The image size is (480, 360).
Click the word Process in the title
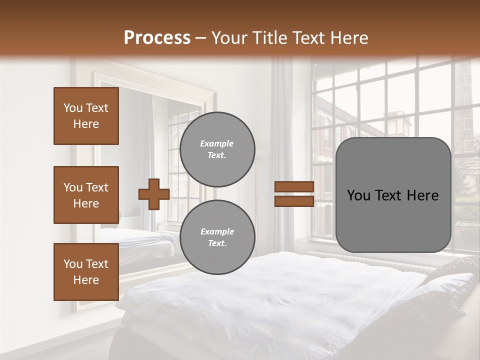tap(157, 38)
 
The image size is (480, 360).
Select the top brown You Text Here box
tap(86, 116)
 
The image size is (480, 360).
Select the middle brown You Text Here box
tap(86, 195)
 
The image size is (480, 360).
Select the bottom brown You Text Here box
tap(86, 271)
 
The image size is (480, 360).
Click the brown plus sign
tap(154, 194)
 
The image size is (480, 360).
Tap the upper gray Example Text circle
tap(217, 149)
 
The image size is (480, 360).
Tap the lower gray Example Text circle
tap(217, 237)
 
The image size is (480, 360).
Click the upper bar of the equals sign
tap(294, 186)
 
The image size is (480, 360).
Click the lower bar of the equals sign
tap(294, 201)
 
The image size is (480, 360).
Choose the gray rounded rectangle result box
tap(393, 195)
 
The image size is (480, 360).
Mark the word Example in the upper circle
tap(217, 143)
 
